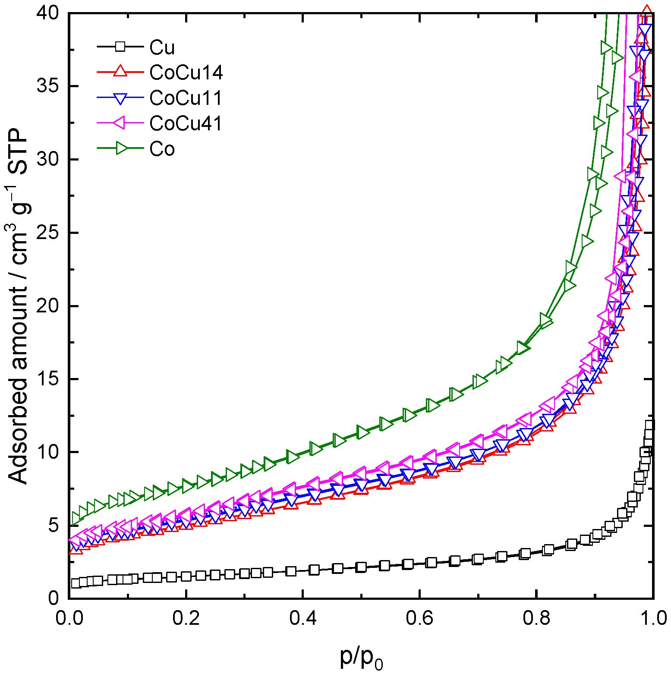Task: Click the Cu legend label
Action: coord(162,47)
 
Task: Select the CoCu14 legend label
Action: coord(186,72)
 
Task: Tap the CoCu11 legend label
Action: coord(186,98)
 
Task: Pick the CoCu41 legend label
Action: coord(186,123)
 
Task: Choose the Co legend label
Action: coord(162,149)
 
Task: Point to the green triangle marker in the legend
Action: coord(121,148)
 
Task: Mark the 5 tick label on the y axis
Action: coord(54,526)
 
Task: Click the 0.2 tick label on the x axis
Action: coord(186,618)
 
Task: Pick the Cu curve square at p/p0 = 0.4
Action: coord(302,570)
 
